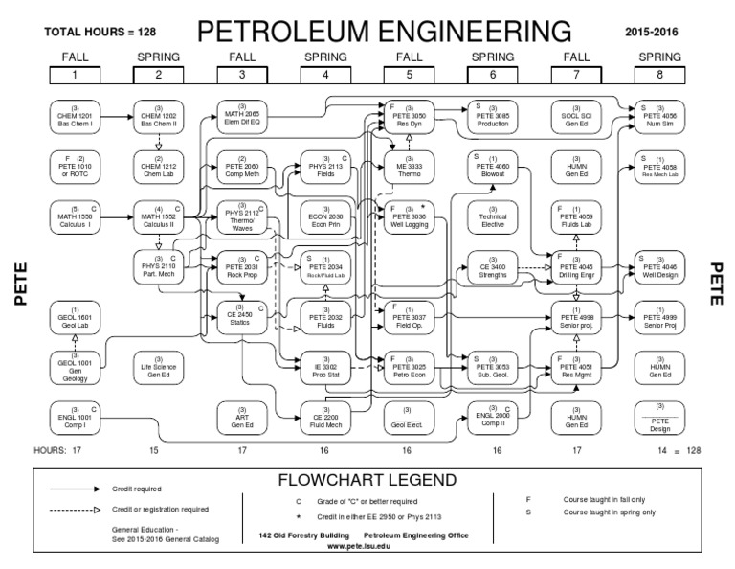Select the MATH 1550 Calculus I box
tap(74, 216)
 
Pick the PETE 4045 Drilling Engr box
tap(577, 265)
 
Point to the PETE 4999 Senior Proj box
tap(660, 315)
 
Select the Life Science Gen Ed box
tap(157, 365)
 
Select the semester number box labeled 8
tap(660, 74)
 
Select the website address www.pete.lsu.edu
tap(362, 544)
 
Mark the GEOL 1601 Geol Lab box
tap(74, 315)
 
